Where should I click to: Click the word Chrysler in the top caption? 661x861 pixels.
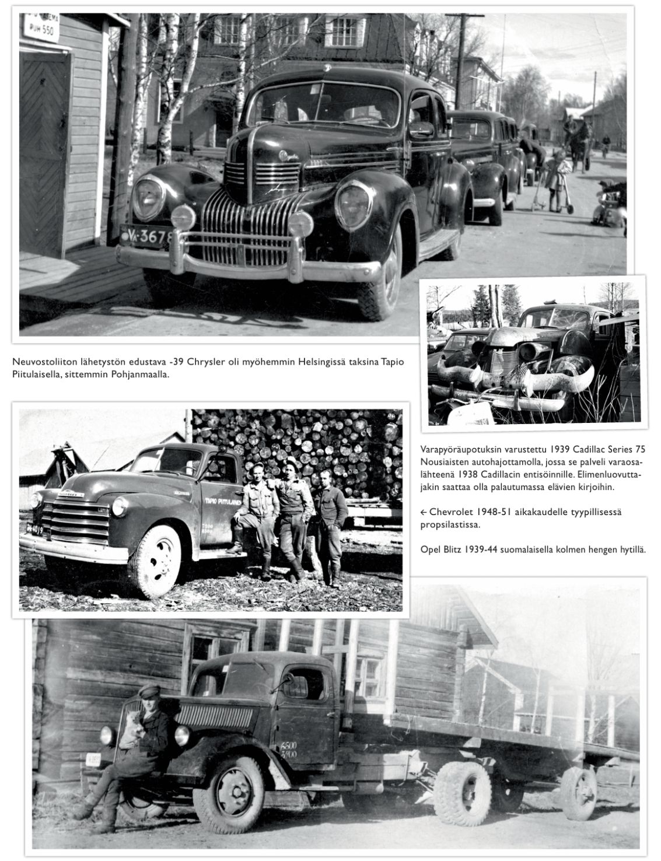coord(205,363)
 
